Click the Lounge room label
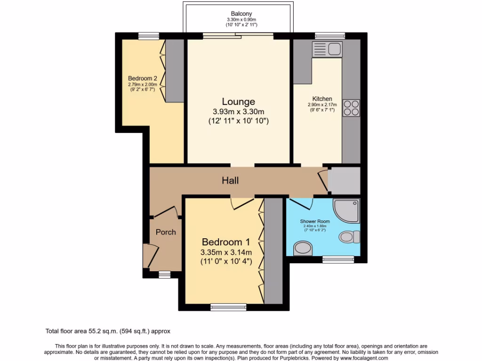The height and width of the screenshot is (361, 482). pyautogui.click(x=239, y=102)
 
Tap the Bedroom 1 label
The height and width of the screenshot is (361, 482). pyautogui.click(x=225, y=242)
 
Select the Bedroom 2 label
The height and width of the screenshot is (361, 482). pyautogui.click(x=142, y=78)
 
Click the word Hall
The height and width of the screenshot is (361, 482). pyautogui.click(x=231, y=180)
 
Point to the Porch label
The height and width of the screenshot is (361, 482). pyautogui.click(x=166, y=232)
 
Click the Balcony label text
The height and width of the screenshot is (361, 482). pyautogui.click(x=241, y=13)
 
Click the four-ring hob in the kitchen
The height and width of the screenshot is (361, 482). pyautogui.click(x=351, y=108)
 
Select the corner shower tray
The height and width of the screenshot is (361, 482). pyautogui.click(x=346, y=211)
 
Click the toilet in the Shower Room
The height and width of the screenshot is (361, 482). pyautogui.click(x=349, y=236)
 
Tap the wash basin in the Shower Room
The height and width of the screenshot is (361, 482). pyautogui.click(x=302, y=248)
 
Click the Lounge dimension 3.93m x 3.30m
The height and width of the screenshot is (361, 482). pyautogui.click(x=239, y=111)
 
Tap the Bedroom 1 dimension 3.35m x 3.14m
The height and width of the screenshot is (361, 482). pyautogui.click(x=226, y=252)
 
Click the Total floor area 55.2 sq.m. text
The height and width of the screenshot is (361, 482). pyautogui.click(x=111, y=331)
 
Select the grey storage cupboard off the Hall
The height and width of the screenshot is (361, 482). pyautogui.click(x=344, y=180)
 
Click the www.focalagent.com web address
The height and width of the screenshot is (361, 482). pyautogui.click(x=362, y=358)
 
